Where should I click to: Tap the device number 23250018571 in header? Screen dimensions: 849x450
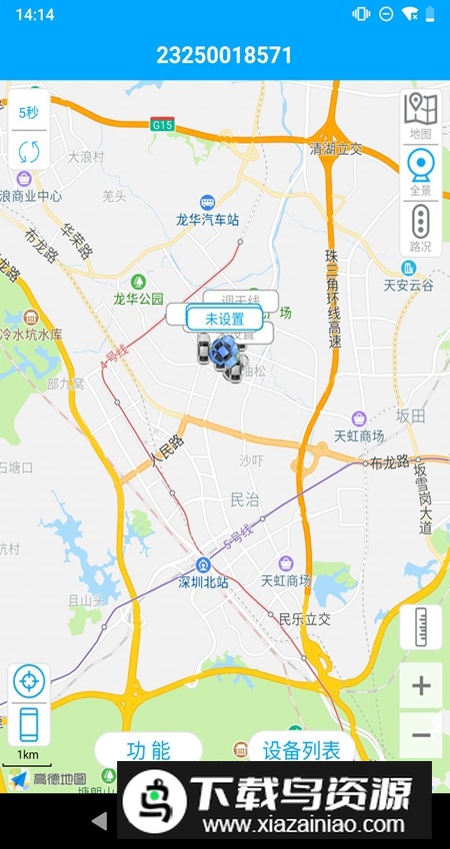click(225, 55)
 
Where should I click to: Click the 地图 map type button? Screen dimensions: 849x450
click(421, 114)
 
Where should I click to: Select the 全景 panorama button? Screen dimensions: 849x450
click(421, 171)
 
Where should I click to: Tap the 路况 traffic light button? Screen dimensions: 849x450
click(421, 226)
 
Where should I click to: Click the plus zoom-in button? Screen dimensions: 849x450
click(421, 686)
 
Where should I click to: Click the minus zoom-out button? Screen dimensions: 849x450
click(421, 736)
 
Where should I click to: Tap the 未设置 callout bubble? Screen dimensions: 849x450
click(224, 319)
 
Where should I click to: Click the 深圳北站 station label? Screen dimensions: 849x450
click(203, 581)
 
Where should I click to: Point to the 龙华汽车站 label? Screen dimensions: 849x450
click(207, 219)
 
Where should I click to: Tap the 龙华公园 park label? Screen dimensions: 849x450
click(137, 298)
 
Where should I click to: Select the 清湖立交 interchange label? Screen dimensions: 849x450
click(336, 149)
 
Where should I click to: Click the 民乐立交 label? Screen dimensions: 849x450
click(304, 619)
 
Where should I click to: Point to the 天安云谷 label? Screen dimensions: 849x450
click(409, 285)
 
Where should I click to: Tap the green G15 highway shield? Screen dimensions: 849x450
click(162, 124)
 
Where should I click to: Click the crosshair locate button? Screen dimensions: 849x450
click(29, 682)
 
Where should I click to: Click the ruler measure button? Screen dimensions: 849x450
click(421, 627)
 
